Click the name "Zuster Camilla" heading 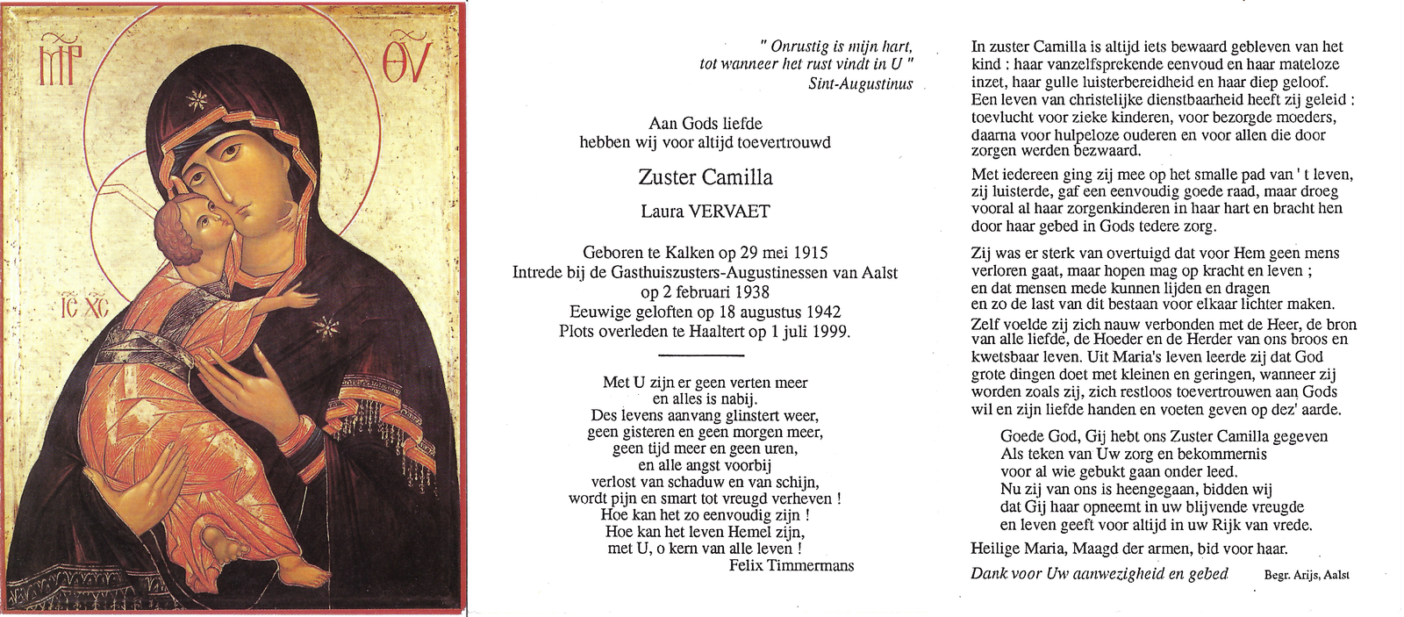pos(705,177)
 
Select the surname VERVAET pos(728,212)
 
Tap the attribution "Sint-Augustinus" pos(860,84)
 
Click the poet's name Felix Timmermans pos(791,565)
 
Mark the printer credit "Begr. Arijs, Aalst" pos(1306,575)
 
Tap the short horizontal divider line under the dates pos(700,355)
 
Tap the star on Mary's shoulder pos(326,326)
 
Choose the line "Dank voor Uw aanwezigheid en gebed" pos(1099,574)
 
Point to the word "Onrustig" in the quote pos(799,47)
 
